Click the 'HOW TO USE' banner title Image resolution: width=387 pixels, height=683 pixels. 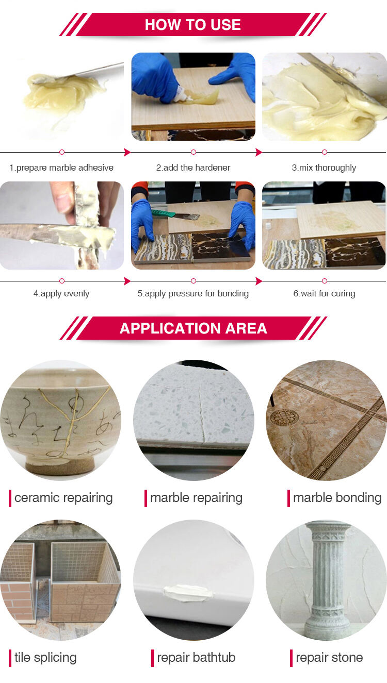[x=193, y=25]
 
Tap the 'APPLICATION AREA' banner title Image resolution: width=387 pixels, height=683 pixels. [x=193, y=328]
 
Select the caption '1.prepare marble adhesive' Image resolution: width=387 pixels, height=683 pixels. [x=61, y=168]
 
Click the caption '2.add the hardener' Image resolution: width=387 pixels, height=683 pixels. [x=193, y=168]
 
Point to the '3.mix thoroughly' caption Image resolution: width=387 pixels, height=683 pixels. [x=324, y=168]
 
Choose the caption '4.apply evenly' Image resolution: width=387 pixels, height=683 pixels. [x=61, y=294]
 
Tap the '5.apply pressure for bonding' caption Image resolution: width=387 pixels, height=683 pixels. [x=193, y=294]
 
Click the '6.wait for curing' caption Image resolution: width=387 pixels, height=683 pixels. [x=324, y=294]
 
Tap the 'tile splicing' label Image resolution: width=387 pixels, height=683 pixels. [x=45, y=658]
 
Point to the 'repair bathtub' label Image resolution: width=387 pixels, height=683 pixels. [x=196, y=658]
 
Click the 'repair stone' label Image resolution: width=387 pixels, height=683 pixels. [x=329, y=658]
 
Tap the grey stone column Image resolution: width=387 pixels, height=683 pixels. [x=327, y=579]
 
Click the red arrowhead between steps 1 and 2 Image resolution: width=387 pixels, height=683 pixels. [x=127, y=152]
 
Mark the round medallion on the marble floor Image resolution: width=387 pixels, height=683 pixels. [x=283, y=417]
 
